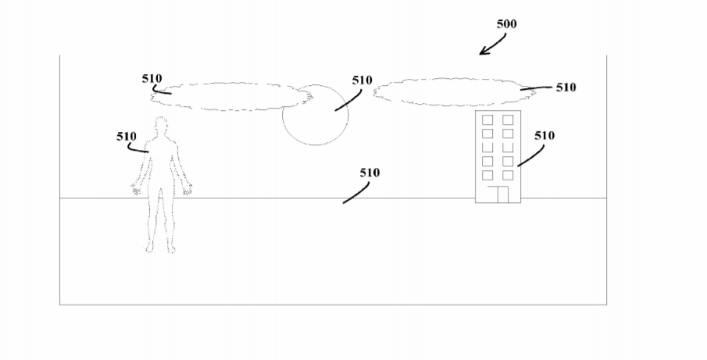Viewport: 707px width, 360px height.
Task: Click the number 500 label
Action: [506, 24]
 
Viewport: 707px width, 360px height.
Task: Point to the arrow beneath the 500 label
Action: [492, 45]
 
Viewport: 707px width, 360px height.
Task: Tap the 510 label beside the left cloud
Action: [152, 79]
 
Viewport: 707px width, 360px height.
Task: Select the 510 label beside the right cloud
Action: [566, 87]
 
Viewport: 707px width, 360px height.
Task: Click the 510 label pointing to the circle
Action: [362, 80]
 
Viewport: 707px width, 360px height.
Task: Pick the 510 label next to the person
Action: [127, 137]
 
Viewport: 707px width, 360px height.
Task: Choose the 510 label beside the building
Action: [545, 136]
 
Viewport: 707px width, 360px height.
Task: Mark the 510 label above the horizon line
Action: [370, 173]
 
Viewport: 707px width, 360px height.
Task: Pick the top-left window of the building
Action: [487, 119]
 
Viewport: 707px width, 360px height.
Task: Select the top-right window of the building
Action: [508, 119]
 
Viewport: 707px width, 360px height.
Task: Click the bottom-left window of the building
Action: [487, 175]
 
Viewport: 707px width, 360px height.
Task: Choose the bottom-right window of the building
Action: [508, 175]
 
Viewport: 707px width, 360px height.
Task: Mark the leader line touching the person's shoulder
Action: [137, 149]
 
